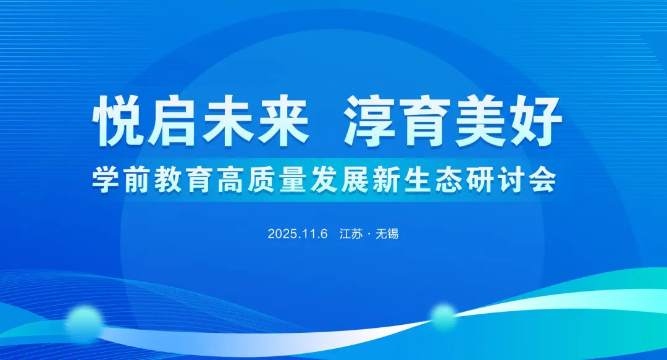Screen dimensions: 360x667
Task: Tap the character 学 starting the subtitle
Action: pyautogui.click(x=104, y=180)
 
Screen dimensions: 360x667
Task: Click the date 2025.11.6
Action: pyautogui.click(x=297, y=235)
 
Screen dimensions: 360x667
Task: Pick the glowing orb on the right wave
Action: pyautogui.click(x=443, y=317)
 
